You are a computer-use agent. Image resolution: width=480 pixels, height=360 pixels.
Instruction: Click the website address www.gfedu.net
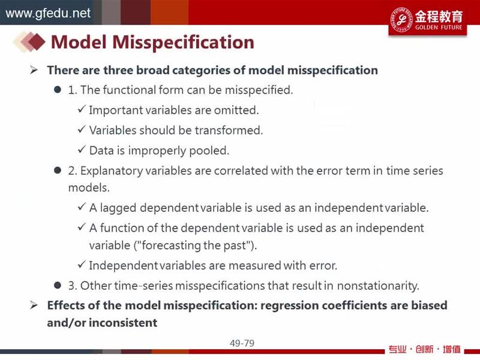coord(48,13)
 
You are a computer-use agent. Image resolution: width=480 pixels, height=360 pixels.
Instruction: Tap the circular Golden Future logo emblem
coord(401,19)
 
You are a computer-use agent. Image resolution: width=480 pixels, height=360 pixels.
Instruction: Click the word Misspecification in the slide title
coord(183,42)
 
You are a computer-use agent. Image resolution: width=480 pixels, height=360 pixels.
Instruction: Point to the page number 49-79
coord(242,343)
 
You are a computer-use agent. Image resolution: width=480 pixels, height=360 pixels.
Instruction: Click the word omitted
coord(236,110)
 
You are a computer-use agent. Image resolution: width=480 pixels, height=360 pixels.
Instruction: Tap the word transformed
coord(229,130)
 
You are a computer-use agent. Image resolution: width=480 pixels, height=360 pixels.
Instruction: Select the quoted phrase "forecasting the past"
coord(194,245)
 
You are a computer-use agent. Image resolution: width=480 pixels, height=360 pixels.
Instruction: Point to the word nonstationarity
coord(378,286)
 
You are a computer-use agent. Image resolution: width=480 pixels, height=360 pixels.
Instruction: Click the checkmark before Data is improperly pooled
coord(82,149)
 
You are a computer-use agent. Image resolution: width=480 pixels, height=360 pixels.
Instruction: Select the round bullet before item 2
coord(57,170)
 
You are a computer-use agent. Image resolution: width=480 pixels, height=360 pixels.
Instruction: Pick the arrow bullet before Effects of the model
coord(34,305)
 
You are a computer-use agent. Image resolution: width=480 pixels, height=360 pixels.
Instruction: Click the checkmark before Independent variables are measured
coord(82,264)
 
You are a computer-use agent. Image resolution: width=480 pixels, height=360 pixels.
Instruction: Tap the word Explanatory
coord(112,171)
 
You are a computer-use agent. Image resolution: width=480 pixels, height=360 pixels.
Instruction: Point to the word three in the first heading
coord(118,70)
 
